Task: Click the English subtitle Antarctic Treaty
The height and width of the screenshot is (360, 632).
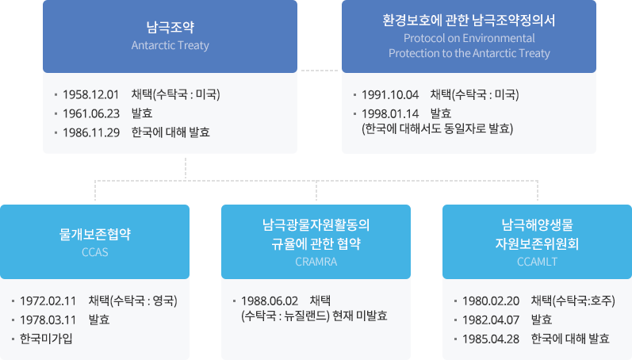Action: click(170, 45)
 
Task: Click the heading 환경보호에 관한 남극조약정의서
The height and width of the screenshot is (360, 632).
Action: click(469, 21)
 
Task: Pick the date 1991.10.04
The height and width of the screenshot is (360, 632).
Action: click(389, 95)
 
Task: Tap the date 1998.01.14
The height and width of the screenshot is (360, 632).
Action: click(389, 113)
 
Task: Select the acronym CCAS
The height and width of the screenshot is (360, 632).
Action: click(94, 253)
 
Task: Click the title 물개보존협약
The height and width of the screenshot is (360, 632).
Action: click(94, 236)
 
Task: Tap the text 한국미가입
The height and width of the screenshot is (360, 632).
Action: click(46, 339)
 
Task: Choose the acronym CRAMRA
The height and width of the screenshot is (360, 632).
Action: click(316, 261)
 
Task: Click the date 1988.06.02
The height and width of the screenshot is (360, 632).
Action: click(269, 301)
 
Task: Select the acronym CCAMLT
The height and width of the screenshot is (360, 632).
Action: click(537, 261)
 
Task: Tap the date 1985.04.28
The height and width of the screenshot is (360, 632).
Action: click(490, 339)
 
